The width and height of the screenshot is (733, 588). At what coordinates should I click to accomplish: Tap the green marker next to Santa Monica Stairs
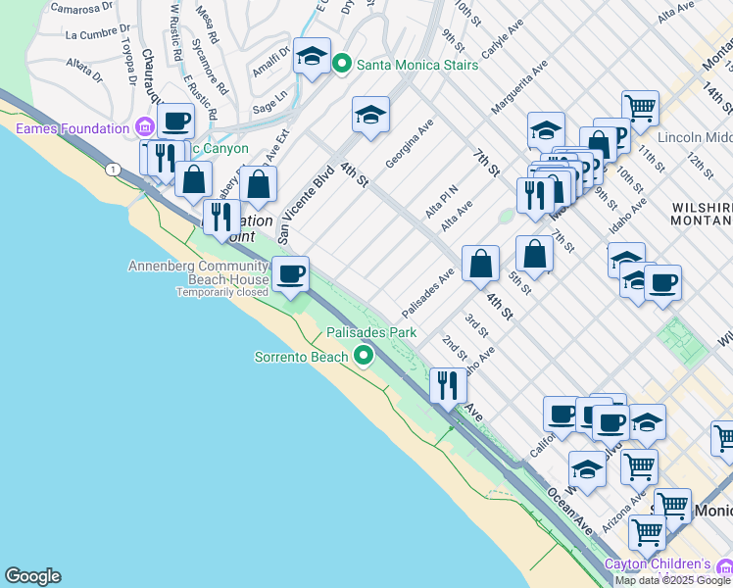tap(342, 65)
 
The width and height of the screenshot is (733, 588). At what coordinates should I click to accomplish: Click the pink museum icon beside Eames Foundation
tap(145, 127)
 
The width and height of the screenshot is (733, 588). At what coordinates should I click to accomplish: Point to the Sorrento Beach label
tap(302, 357)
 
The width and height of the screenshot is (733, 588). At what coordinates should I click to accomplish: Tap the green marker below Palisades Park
tap(365, 356)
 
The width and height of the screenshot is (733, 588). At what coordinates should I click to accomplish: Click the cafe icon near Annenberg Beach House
tap(289, 274)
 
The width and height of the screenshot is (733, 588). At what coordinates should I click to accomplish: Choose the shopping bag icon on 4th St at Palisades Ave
tap(480, 263)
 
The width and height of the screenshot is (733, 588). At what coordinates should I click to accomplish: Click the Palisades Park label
tap(371, 333)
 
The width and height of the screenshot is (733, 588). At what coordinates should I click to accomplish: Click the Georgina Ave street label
tap(409, 143)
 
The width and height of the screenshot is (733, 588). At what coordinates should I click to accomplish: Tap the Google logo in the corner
tap(32, 576)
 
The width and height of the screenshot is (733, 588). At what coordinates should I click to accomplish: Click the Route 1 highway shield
tap(115, 171)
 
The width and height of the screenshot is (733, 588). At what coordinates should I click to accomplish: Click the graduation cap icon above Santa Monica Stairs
tap(312, 56)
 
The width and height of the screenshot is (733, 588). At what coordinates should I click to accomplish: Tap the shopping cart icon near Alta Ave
tap(640, 108)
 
